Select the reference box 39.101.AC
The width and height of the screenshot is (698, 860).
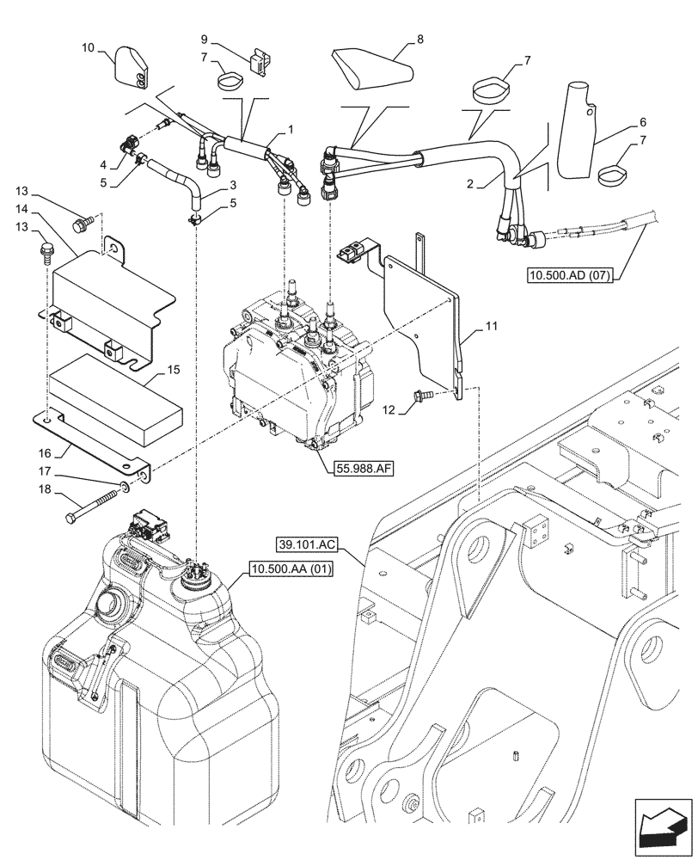coord(308,544)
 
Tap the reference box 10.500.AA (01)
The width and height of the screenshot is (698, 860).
coord(291,569)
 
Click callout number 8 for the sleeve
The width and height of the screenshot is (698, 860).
coord(420,39)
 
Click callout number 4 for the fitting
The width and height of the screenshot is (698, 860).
coord(102,164)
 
